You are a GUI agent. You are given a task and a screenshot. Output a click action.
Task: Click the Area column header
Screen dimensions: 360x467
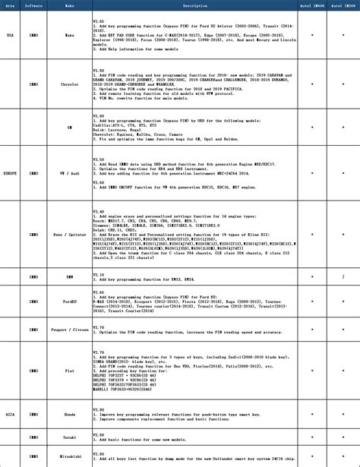pos(10,5)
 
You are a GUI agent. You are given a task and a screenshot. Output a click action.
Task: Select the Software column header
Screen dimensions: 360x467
pos(33,5)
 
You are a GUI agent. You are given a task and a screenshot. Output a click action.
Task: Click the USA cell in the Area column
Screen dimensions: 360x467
pos(10,35)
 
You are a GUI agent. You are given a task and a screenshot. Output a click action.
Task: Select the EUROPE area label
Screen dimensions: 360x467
pos(10,173)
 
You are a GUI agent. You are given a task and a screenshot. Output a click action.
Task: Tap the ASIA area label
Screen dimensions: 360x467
pos(10,415)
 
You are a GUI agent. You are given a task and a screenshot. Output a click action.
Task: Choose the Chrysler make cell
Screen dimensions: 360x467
pos(69,85)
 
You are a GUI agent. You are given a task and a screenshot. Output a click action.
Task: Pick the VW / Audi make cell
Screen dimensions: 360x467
pos(69,173)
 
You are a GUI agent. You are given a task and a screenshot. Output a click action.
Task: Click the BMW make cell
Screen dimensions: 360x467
pos(69,277)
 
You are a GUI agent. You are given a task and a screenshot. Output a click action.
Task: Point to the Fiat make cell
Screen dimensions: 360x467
pos(69,370)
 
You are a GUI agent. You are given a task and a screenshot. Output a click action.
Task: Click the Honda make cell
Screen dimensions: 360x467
pos(69,415)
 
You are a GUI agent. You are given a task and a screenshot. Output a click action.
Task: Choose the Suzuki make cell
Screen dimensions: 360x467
pos(69,438)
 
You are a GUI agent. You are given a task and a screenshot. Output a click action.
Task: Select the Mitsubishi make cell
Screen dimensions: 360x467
pos(69,457)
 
